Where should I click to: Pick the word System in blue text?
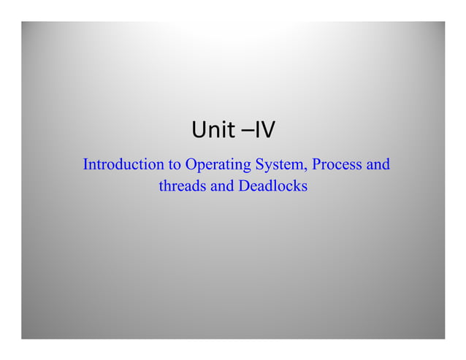279,165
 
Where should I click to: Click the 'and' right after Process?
378,164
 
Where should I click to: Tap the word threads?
183,186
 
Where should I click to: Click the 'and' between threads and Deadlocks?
222,186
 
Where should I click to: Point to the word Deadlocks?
272,186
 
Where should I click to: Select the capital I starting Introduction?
85,164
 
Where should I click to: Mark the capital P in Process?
316,164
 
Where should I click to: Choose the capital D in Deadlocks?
243,186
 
